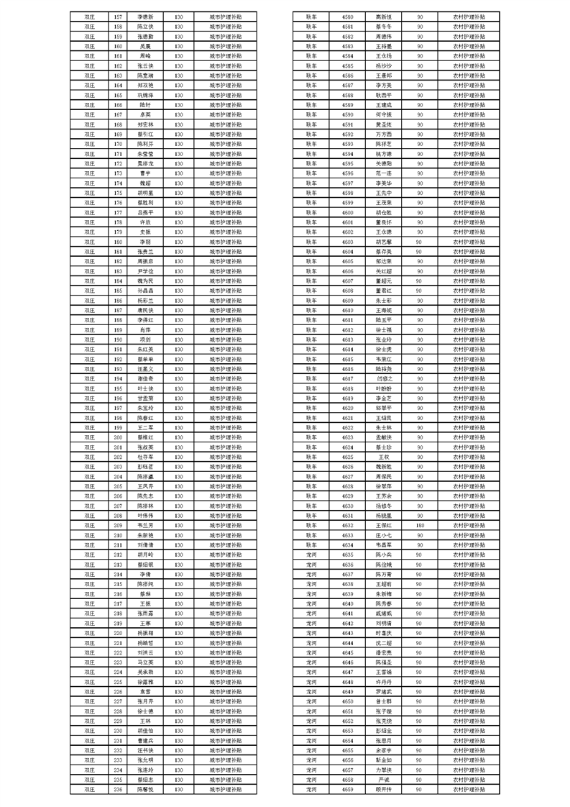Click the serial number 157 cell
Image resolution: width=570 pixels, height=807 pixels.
tap(119, 15)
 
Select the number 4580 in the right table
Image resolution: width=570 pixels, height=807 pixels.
tap(347, 15)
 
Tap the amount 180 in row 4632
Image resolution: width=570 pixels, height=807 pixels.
tap(420, 525)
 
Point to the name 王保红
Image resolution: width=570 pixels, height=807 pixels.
tap(384, 525)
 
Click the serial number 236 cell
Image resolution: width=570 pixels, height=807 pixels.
tap(119, 790)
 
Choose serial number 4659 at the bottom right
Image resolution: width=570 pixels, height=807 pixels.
tap(347, 790)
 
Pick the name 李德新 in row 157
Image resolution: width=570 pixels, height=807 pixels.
tap(145, 15)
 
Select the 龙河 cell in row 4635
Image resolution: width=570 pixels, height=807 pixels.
tap(311, 555)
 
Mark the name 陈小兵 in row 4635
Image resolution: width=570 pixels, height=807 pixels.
tap(384, 555)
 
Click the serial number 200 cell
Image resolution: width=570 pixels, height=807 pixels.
tap(119, 437)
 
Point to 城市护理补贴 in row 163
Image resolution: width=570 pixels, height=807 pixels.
tap(226, 74)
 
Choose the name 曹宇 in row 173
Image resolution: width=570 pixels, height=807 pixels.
tap(145, 173)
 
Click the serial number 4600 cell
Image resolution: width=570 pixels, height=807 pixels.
tap(347, 211)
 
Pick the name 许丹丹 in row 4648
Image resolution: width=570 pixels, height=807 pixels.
tap(384, 682)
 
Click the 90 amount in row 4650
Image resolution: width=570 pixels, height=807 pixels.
tap(420, 701)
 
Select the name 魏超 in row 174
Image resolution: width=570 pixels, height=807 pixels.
tap(145, 182)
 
